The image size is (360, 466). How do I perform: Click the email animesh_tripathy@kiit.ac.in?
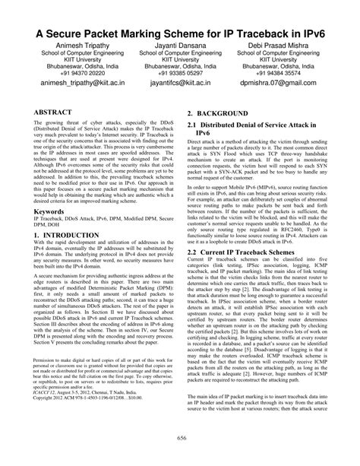point(68,86)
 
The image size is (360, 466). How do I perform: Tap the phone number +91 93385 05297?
point(180,74)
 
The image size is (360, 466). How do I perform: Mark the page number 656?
point(180,438)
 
